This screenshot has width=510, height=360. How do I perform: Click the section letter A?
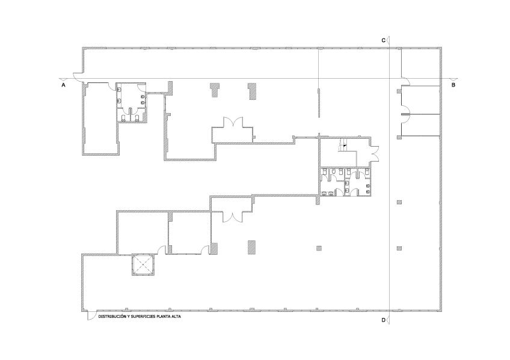click(63, 85)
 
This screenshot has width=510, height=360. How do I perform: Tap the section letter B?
click(453, 85)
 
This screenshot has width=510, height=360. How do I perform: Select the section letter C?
click(384, 40)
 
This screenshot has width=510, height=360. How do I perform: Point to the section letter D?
click(384, 320)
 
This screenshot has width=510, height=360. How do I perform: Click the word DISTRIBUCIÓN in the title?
click(110, 316)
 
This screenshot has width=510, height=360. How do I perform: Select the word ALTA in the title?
click(176, 316)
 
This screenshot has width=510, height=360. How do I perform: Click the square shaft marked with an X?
click(143, 265)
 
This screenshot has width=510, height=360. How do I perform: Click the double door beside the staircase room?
click(375, 153)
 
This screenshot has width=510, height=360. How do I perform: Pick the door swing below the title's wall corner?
click(91, 315)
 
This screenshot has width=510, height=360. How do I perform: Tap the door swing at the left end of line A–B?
click(78, 77)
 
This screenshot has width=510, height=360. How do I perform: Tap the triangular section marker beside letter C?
click(389, 40)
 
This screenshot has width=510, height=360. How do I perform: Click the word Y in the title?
click(126, 316)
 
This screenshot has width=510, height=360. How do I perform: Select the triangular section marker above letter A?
click(63, 79)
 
